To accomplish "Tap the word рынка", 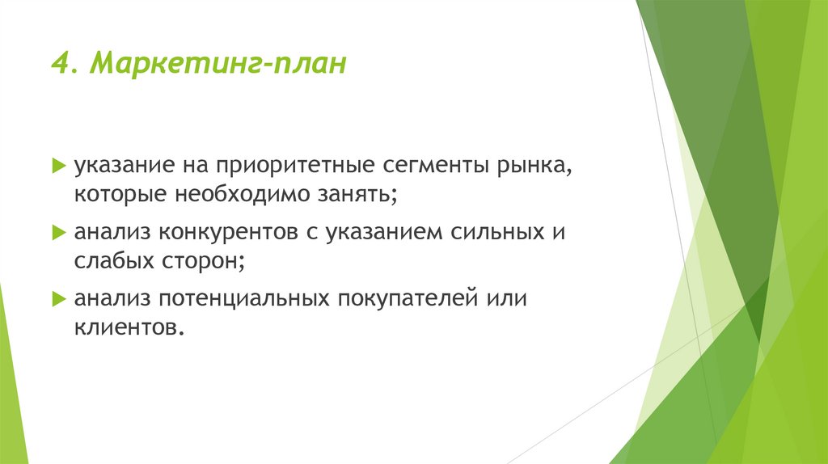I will pyautogui.click(x=534, y=167).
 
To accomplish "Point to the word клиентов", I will pyautogui.click(x=125, y=328).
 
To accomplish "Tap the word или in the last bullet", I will pyautogui.click(x=506, y=300).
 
